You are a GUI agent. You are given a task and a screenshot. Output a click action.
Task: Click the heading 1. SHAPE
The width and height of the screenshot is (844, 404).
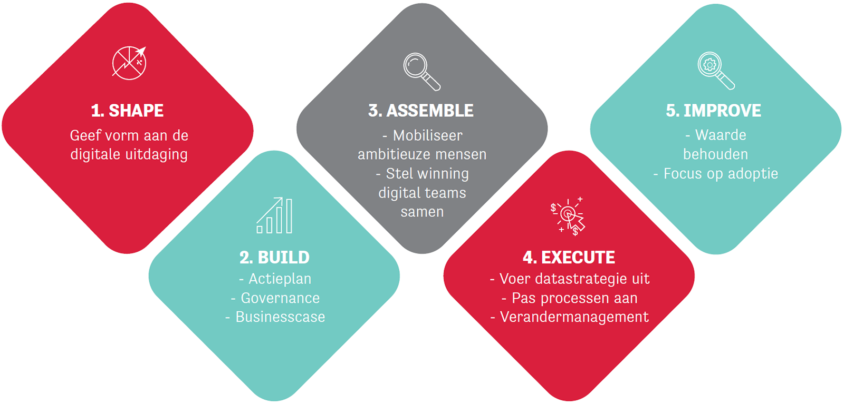(x=127, y=111)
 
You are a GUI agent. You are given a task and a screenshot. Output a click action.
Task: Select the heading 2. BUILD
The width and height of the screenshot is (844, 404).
(x=274, y=257)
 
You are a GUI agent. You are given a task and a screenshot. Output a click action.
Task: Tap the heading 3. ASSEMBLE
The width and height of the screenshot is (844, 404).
(x=421, y=111)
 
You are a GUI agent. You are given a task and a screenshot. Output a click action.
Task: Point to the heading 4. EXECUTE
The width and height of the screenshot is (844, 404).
(x=569, y=257)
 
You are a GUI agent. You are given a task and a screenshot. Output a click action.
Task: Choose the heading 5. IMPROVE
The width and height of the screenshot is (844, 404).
(x=714, y=111)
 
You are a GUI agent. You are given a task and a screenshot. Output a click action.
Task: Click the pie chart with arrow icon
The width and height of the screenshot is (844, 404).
(x=129, y=63)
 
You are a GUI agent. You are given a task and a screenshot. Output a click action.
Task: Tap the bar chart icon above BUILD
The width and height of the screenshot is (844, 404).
(x=275, y=215)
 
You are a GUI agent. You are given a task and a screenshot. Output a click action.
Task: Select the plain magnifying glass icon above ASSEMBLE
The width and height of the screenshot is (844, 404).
(x=421, y=72)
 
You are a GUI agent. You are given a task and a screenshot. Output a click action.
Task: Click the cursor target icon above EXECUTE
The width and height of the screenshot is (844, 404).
(x=568, y=216)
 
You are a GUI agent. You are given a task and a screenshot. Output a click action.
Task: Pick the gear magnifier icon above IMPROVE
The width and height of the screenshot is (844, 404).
(x=715, y=71)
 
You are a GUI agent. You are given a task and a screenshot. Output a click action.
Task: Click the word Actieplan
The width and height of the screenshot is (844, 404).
(x=280, y=279)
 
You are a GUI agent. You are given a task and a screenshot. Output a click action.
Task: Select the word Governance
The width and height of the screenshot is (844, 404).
(x=280, y=298)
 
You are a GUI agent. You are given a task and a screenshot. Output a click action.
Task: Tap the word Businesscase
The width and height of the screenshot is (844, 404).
(x=280, y=317)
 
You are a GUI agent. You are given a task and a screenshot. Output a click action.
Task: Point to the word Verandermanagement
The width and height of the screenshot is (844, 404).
(x=574, y=317)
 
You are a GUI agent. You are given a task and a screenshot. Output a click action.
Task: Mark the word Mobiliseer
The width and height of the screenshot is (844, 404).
(x=428, y=135)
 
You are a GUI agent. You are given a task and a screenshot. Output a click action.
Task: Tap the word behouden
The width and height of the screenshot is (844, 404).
(x=715, y=154)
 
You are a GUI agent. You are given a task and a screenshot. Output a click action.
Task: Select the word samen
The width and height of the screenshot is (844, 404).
(x=422, y=212)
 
